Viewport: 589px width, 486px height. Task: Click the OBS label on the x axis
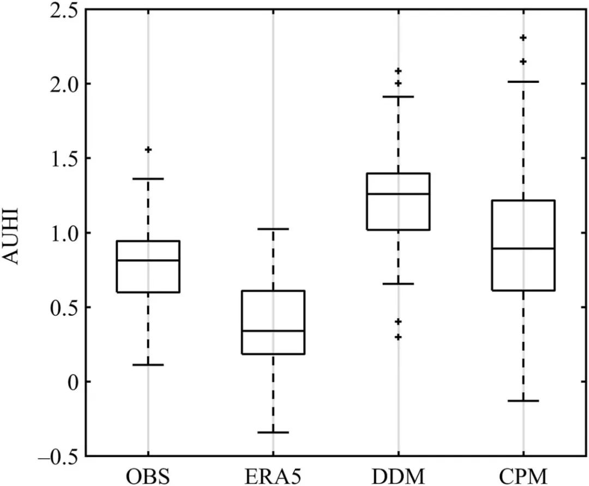click(x=148, y=473)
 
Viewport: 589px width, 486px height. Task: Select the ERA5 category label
click(x=273, y=473)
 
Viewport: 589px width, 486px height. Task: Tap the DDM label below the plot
click(x=398, y=473)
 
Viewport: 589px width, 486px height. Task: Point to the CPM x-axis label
click(x=523, y=473)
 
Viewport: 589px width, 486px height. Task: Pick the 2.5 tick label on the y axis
click(x=61, y=10)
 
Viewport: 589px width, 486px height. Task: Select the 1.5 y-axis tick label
click(x=61, y=159)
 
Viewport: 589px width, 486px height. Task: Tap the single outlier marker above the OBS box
click(x=148, y=149)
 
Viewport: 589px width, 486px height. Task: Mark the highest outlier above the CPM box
click(x=523, y=38)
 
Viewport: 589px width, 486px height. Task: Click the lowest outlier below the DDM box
click(x=398, y=337)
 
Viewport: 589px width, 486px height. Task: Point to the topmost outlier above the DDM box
click(x=398, y=71)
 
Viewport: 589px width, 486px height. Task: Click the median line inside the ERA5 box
click(x=273, y=331)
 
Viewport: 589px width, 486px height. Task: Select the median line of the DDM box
click(x=398, y=194)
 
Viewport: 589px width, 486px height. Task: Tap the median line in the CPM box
click(x=523, y=248)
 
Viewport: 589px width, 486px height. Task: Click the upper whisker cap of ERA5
click(x=273, y=229)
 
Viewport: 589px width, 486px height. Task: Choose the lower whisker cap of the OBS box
click(x=148, y=364)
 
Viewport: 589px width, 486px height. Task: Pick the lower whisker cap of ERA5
click(x=273, y=432)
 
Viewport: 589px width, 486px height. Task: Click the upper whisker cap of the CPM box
click(x=523, y=81)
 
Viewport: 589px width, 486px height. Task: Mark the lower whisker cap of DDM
click(x=398, y=284)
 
